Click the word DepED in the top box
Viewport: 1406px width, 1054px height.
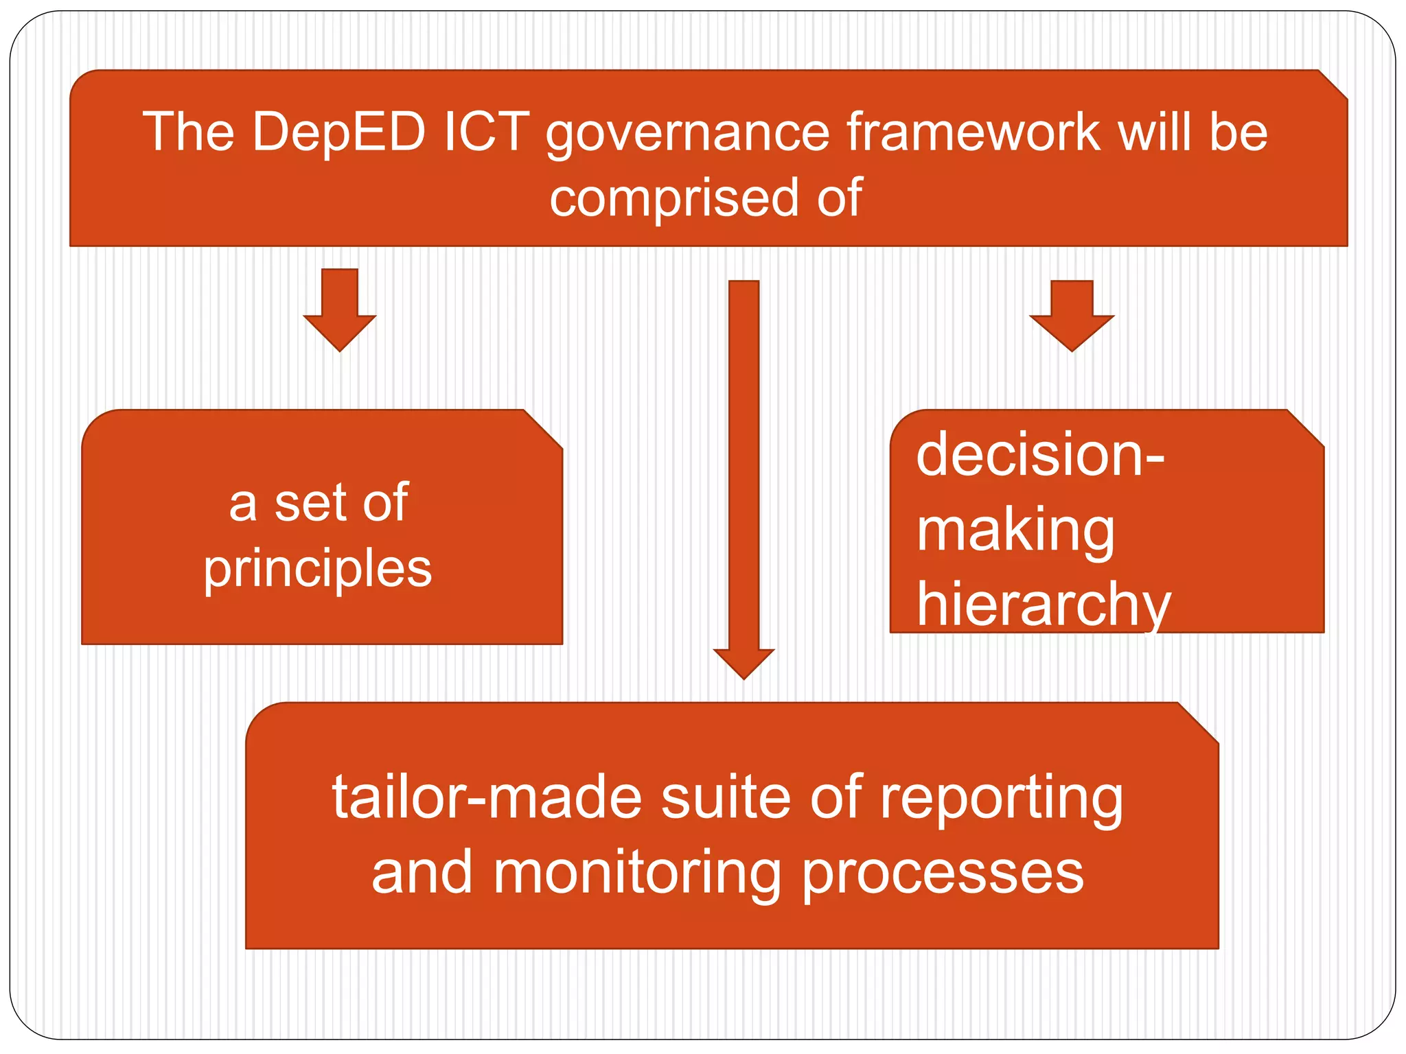click(339, 132)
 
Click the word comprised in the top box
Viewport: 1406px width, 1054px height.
click(673, 199)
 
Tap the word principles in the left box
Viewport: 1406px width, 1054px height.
click(318, 570)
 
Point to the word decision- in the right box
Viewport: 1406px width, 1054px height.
click(1039, 456)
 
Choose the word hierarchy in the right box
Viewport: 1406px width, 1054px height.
click(1044, 604)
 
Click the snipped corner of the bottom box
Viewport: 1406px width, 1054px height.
click(1200, 722)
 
